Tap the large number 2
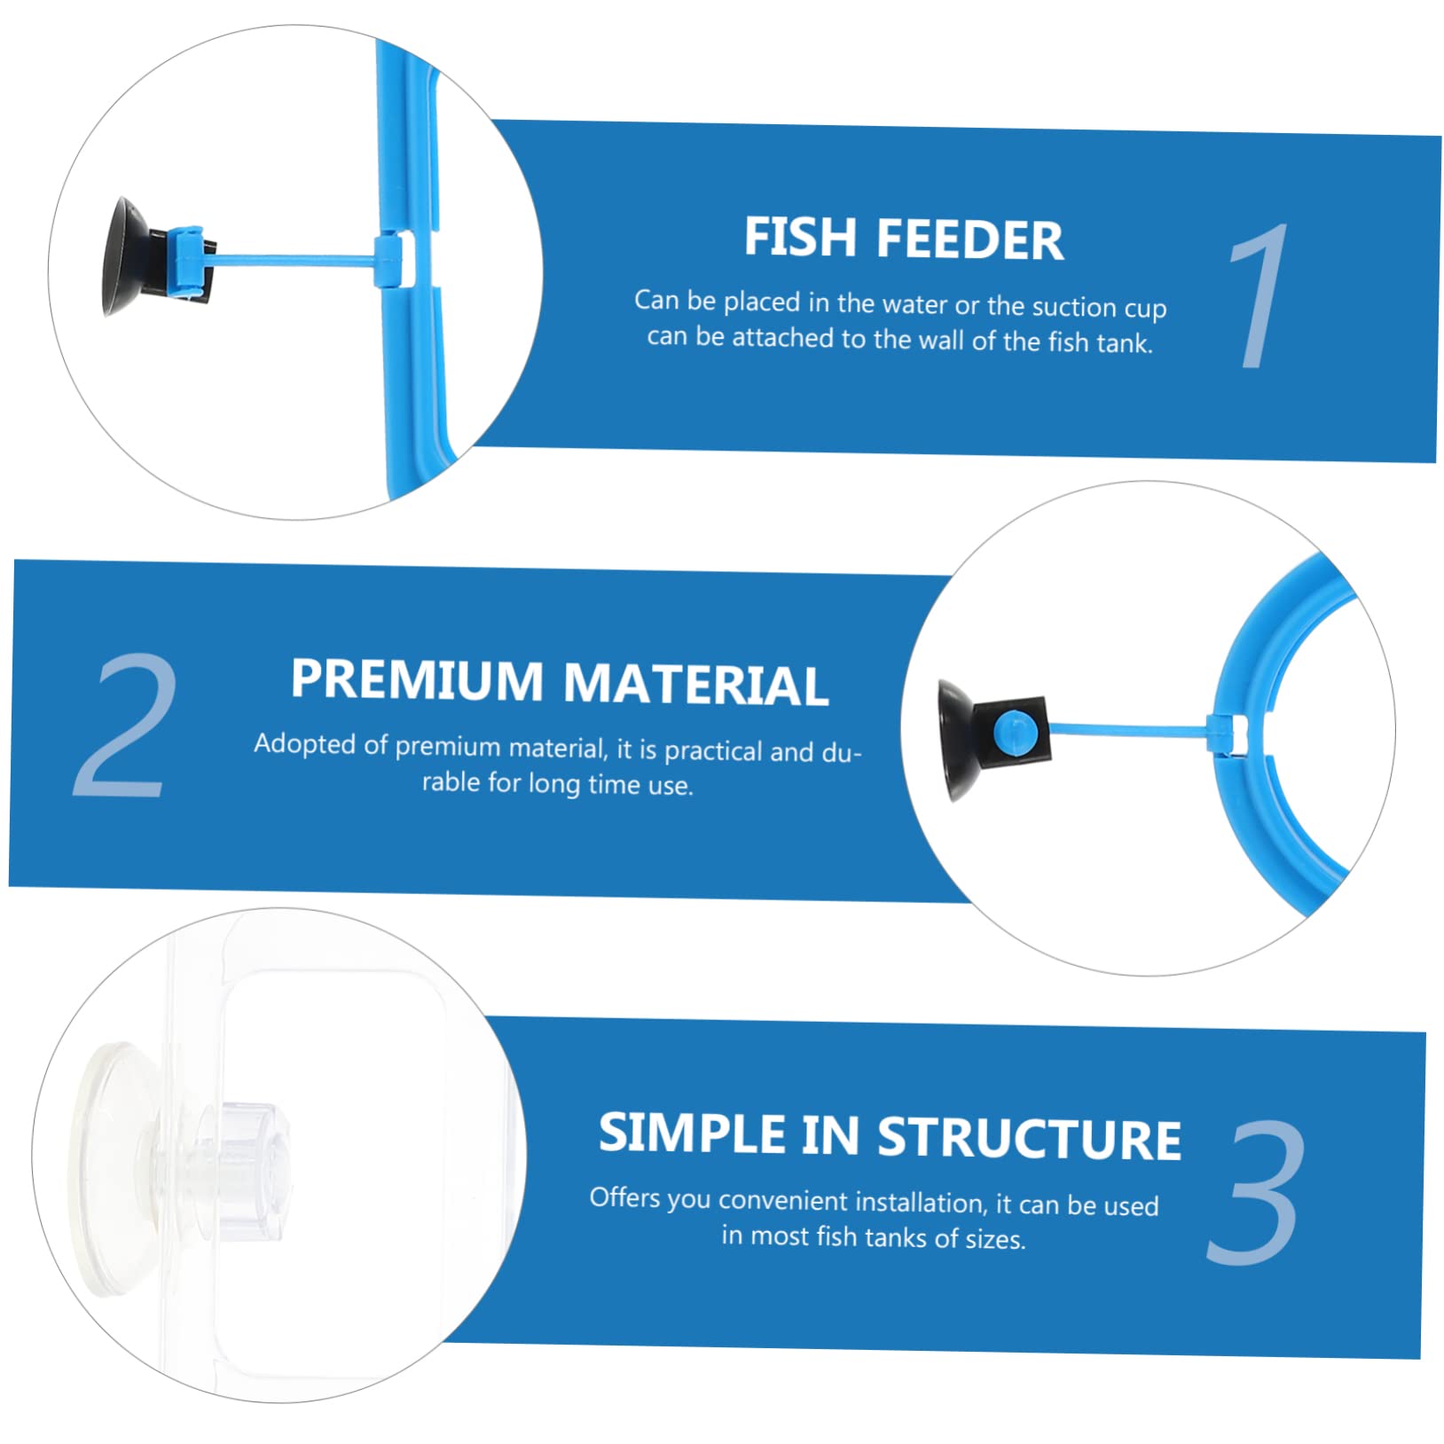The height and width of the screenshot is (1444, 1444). point(124,726)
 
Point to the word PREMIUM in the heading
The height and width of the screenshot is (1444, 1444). point(417,680)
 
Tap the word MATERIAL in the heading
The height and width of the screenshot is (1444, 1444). point(695,686)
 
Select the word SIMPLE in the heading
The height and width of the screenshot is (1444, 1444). point(692,1134)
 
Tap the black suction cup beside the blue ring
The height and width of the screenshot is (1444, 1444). point(958,738)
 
